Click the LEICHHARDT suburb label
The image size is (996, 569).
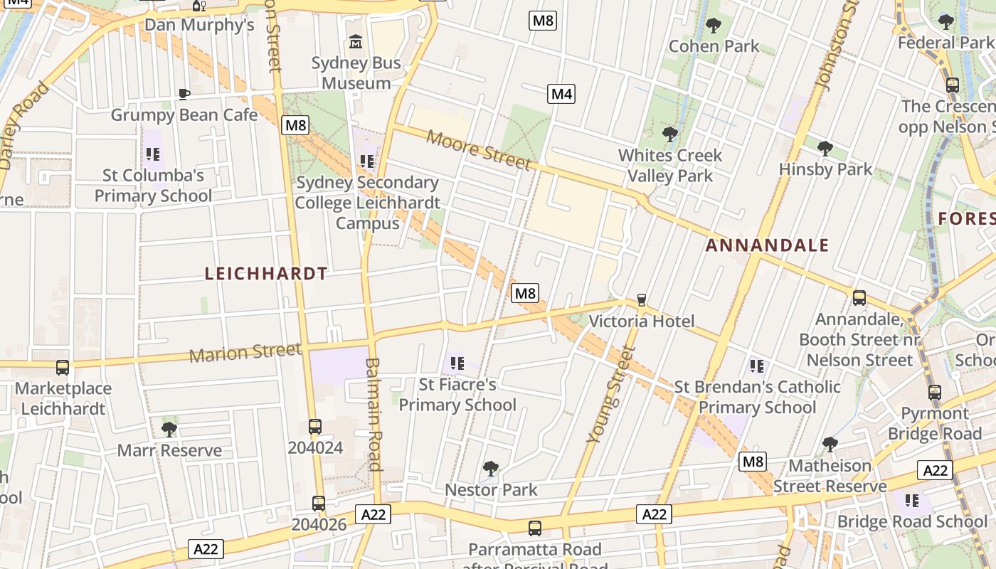(266, 274)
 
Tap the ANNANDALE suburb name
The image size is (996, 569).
(767, 246)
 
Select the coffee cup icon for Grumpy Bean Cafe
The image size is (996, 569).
(184, 94)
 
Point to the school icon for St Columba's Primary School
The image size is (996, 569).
(153, 154)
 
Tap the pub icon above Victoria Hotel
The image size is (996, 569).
(642, 300)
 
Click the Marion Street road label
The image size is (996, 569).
(245, 352)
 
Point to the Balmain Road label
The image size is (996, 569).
(374, 414)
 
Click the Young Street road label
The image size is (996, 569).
(609, 395)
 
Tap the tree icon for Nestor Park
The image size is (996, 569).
(490, 468)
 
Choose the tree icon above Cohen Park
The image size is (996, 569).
(714, 26)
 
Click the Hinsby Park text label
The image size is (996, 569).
(825, 169)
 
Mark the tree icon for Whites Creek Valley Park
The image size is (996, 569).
(669, 134)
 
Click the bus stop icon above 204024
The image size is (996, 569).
(315, 427)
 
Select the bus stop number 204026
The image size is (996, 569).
(319, 525)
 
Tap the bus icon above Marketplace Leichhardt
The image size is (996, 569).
(63, 368)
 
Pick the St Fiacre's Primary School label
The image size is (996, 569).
(457, 395)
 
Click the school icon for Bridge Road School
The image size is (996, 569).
(912, 501)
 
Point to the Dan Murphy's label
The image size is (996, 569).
(199, 25)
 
